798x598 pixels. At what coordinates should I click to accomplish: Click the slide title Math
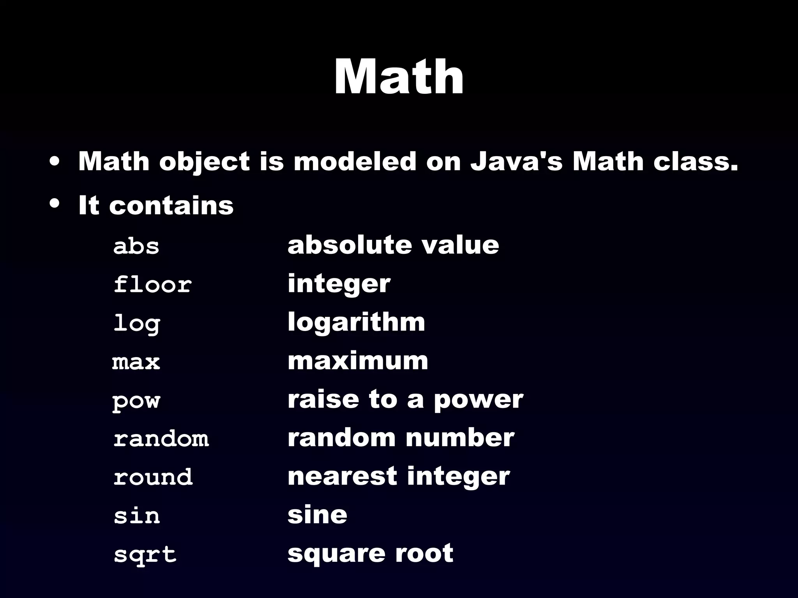click(x=399, y=77)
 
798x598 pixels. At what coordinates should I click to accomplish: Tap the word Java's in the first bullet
click(x=516, y=162)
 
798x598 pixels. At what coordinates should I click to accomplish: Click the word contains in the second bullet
click(x=171, y=205)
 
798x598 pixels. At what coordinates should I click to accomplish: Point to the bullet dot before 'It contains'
click(x=55, y=203)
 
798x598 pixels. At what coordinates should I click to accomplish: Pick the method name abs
click(x=136, y=246)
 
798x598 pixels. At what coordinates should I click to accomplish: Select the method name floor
click(x=152, y=284)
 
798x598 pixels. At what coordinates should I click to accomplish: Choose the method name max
click(x=136, y=362)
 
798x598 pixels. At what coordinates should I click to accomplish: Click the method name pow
click(x=136, y=401)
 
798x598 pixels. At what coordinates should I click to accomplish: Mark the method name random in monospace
click(x=161, y=438)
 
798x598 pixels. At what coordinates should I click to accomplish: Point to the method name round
click(x=153, y=477)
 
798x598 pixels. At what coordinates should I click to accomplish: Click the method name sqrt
click(x=145, y=554)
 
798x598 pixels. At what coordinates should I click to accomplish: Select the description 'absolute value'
click(x=393, y=245)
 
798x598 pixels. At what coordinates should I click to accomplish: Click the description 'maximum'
click(x=358, y=361)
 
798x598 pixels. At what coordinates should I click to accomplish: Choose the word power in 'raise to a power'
click(x=478, y=401)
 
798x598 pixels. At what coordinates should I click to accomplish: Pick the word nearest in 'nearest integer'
click(x=342, y=476)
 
